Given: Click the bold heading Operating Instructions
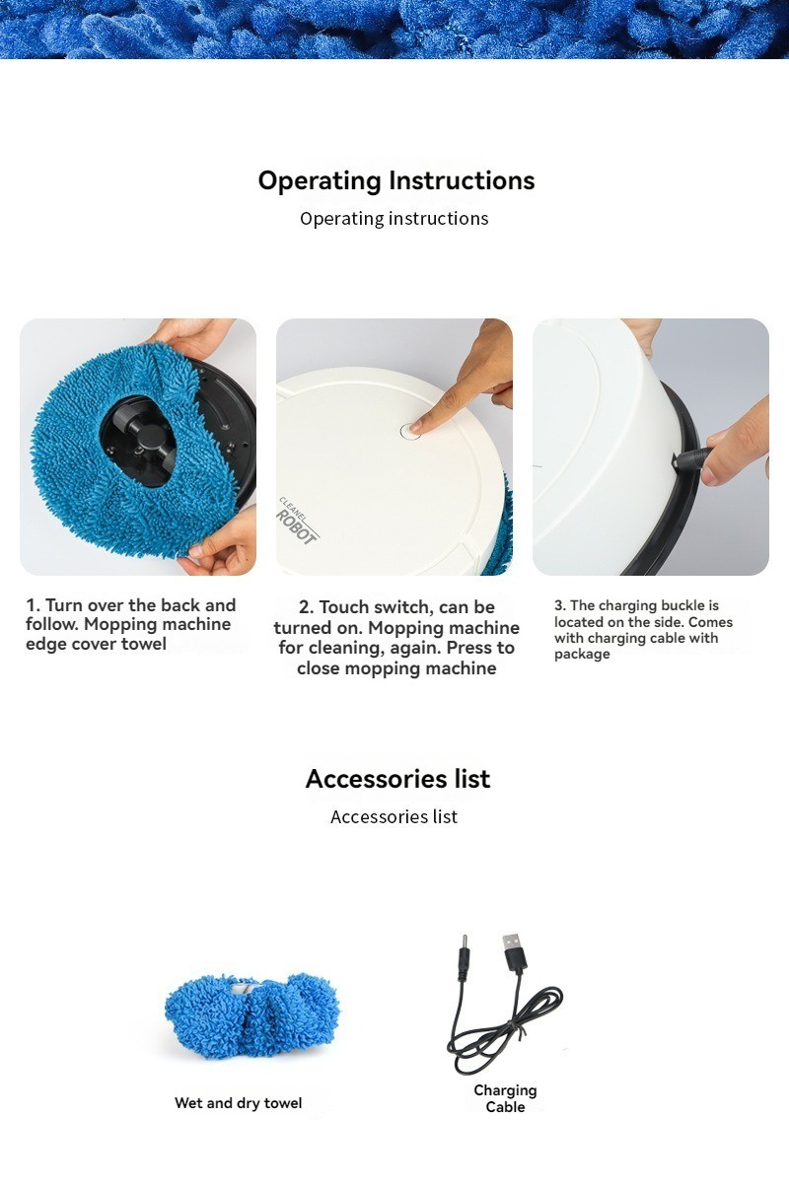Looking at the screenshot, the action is point(396,180).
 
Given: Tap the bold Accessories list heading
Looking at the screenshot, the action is point(397,779).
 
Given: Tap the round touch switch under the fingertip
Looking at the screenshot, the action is point(410,431).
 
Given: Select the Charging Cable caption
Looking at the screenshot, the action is point(505,1098).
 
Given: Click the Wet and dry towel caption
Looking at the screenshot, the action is point(238,1103).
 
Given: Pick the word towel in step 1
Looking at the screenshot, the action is point(144,644).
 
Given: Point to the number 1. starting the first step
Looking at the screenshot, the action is point(33,605).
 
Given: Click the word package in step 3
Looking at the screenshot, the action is point(582,655).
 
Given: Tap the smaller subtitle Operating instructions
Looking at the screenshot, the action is point(394,218).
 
